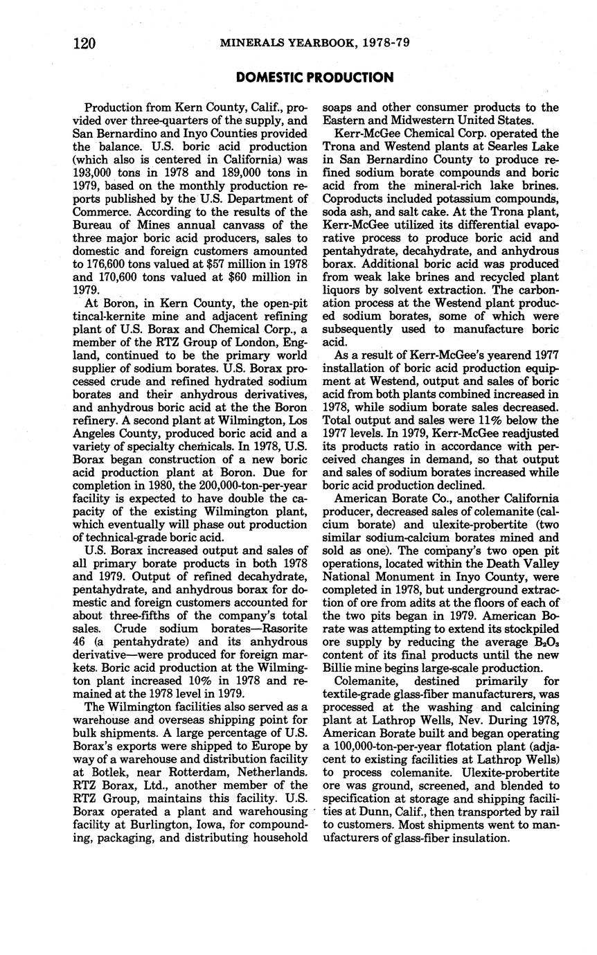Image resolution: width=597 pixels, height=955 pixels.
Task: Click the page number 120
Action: pos(84,43)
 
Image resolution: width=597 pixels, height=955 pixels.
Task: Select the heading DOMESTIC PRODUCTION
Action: pos(314,78)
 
